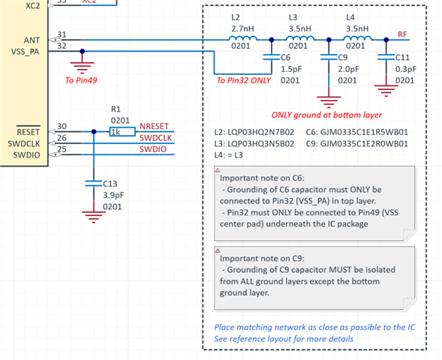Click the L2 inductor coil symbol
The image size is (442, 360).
[242, 38]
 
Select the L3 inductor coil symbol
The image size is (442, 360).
[300, 38]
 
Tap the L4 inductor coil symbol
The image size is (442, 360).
[357, 38]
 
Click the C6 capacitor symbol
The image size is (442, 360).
[272, 57]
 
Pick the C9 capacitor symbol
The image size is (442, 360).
[329, 57]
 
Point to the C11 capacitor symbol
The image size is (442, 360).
[386, 57]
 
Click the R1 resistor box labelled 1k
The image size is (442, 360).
[122, 131]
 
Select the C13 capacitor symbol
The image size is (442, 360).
[94, 184]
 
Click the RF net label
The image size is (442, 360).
[402, 34]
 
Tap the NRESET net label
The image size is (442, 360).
[154, 126]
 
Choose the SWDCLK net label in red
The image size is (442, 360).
[155, 138]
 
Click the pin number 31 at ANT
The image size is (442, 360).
[62, 34]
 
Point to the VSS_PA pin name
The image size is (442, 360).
[25, 52]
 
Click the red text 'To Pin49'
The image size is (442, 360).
[81, 80]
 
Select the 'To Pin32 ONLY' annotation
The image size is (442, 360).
[244, 80]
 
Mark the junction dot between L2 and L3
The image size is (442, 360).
[272, 40]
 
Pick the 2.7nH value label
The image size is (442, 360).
[242, 28]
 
